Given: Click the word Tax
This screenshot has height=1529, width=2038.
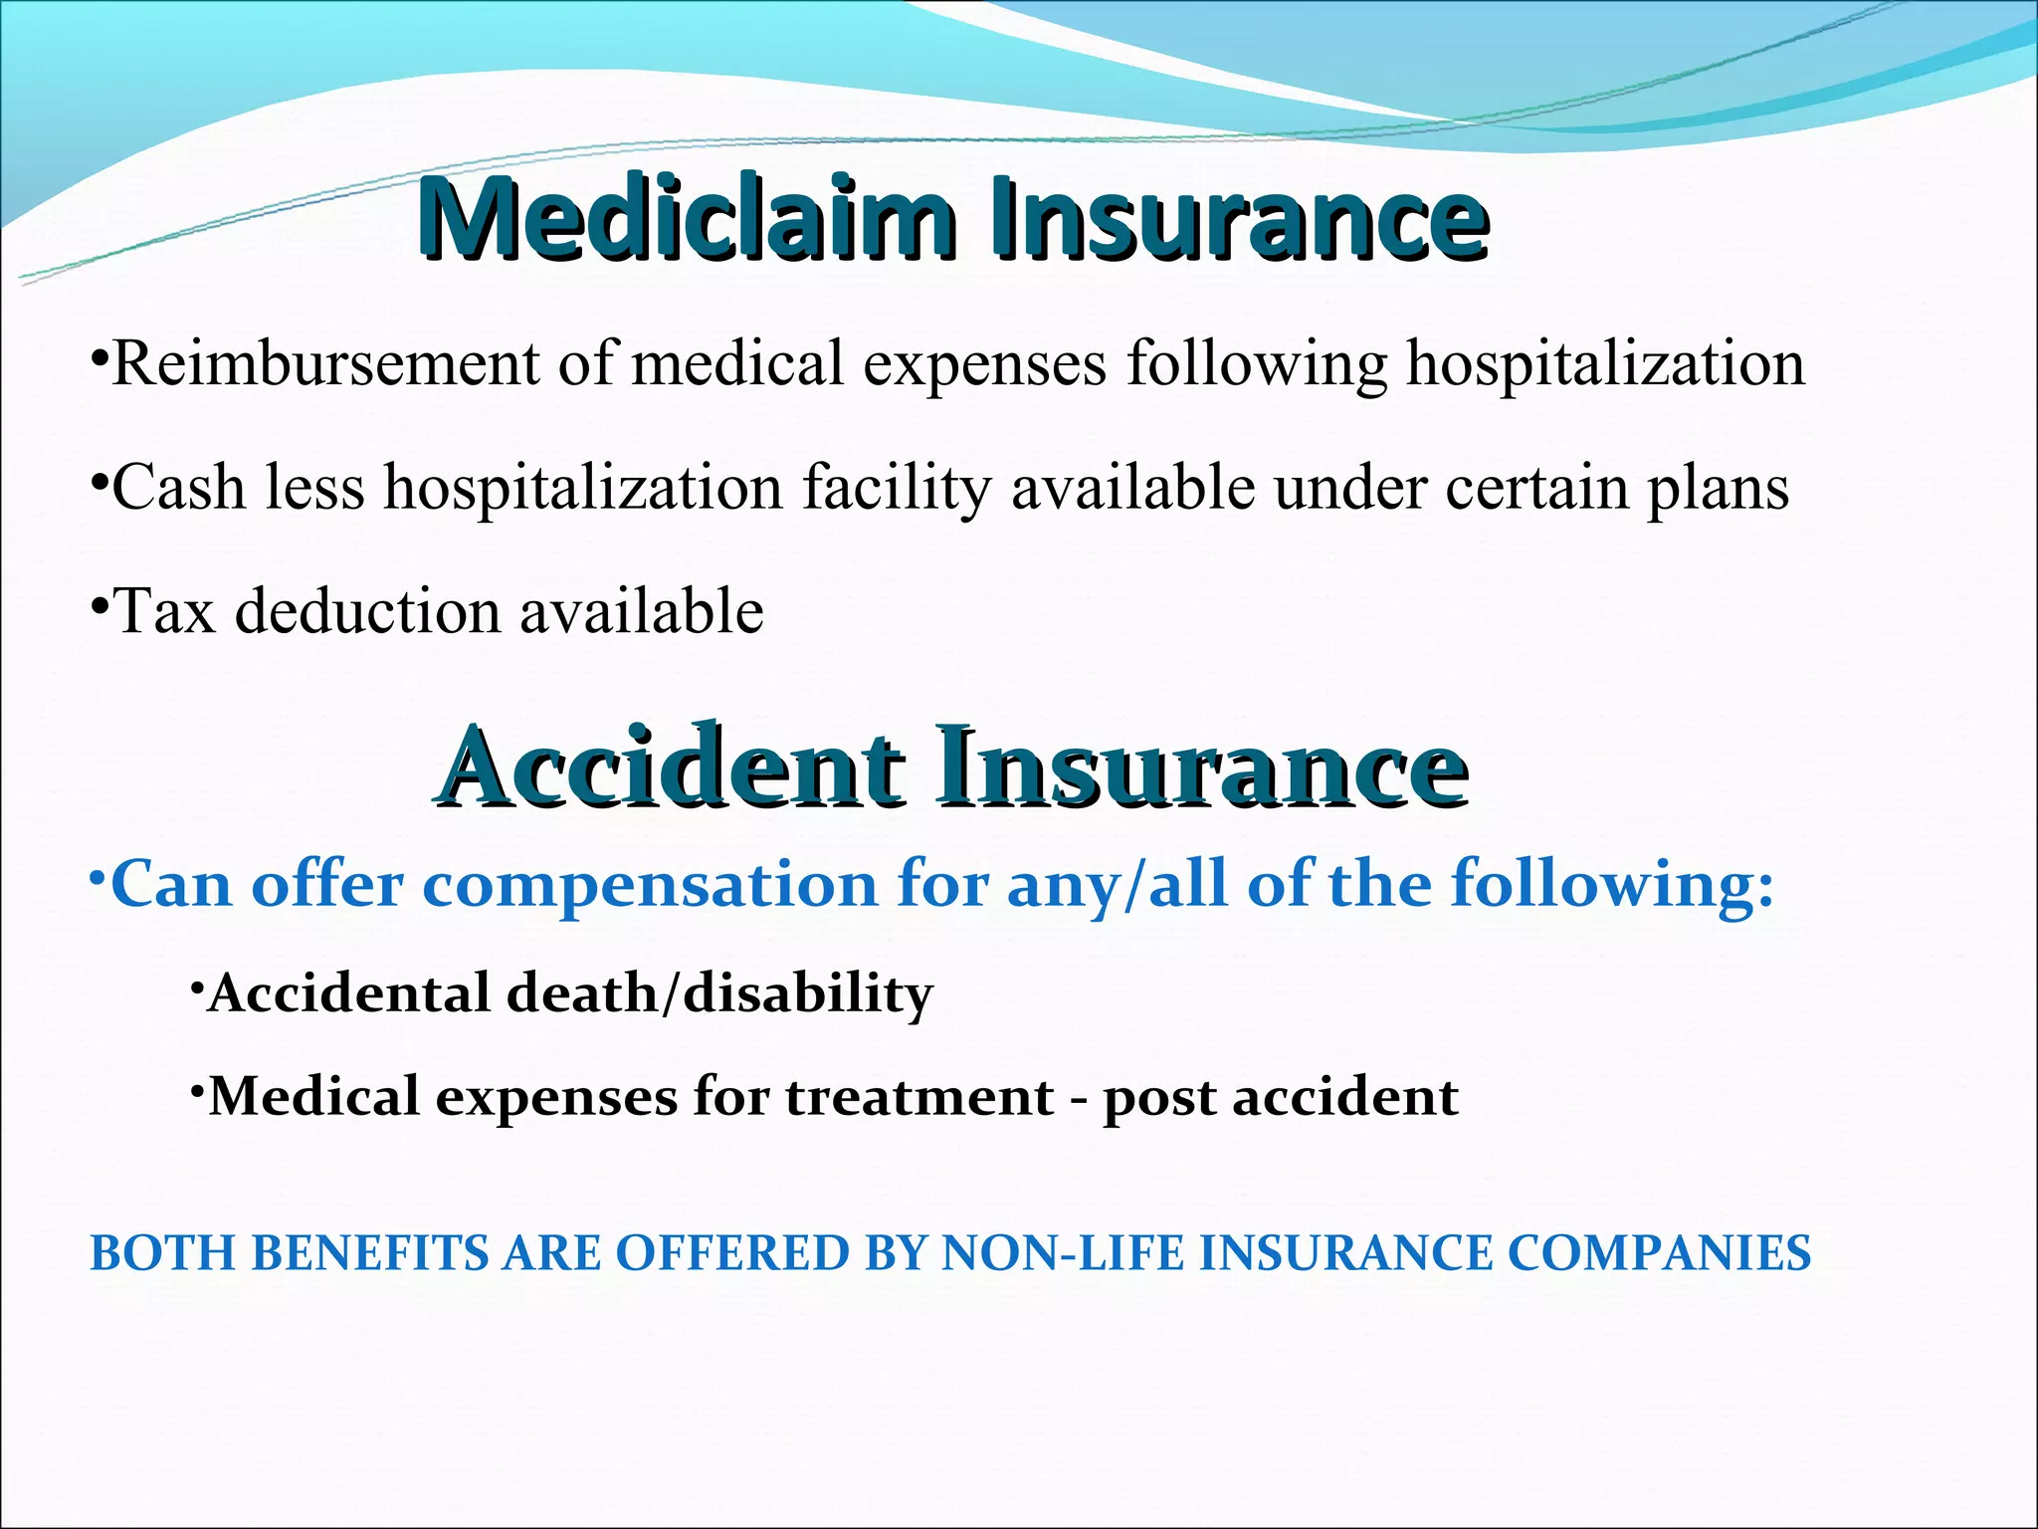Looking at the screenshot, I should coord(165,610).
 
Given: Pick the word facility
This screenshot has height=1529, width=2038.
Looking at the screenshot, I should coord(897,488).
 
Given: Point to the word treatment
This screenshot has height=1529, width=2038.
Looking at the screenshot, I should coord(919,1097).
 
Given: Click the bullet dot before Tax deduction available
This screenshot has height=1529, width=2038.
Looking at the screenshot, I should coord(99,602).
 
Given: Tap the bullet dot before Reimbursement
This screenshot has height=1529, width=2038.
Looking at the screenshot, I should coord(99,355).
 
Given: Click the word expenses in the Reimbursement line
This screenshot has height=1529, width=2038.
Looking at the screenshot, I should coord(984,363).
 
